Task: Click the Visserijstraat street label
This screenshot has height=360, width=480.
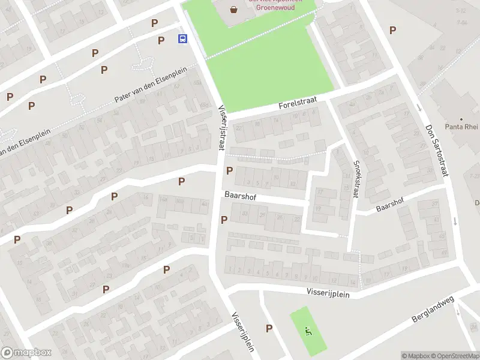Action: coord(221,128)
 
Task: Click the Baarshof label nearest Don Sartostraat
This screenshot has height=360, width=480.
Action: coord(390,204)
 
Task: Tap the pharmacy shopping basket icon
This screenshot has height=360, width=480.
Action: coord(233,9)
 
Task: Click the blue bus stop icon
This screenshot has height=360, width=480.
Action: coord(182,39)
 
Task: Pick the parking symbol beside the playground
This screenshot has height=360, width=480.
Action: coord(269,328)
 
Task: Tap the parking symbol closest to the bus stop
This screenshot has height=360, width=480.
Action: coord(161,40)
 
